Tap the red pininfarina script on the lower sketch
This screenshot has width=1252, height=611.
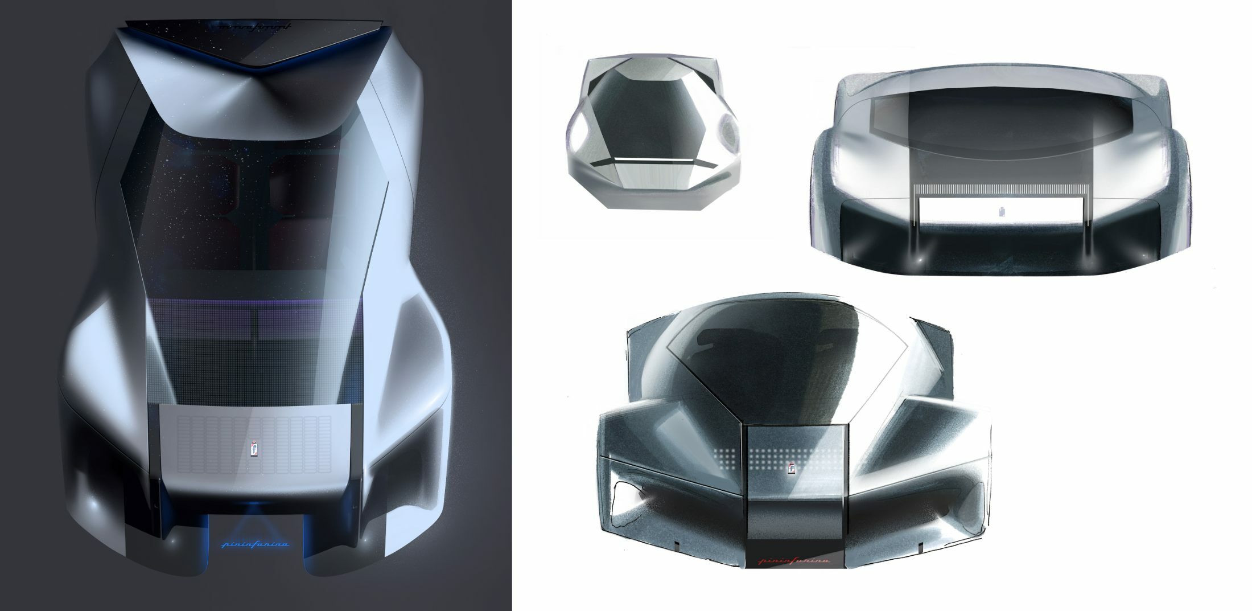794,561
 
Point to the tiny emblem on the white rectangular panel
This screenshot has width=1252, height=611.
1000,212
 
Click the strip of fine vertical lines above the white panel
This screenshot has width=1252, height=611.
999,190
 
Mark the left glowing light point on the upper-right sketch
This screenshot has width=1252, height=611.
917,260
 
